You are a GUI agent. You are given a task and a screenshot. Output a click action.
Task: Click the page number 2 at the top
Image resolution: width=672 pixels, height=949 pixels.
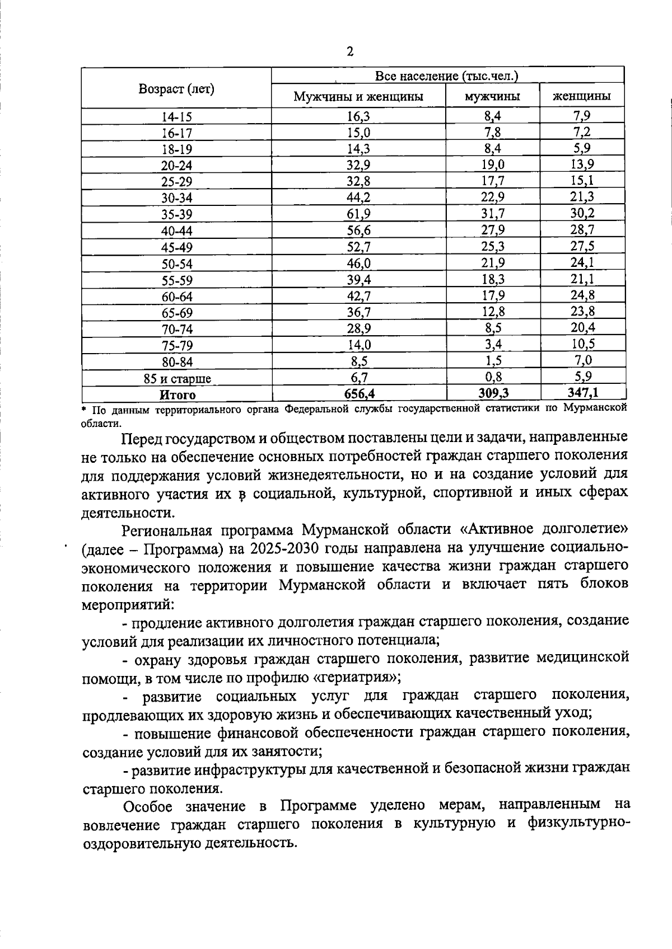350,52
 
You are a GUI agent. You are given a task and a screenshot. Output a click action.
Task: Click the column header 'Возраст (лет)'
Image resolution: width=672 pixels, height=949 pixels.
176,89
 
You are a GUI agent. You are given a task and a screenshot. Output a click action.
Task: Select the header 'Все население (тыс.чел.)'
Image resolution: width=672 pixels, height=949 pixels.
446,76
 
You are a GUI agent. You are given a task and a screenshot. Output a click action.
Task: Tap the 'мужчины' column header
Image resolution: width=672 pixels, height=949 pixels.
492,96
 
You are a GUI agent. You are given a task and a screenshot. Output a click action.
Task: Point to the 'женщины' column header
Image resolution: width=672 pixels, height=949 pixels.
581,96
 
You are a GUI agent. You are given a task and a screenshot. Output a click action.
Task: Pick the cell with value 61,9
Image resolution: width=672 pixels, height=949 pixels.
358,214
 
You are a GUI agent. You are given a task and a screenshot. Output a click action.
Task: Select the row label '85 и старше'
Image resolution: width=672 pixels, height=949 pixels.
177,379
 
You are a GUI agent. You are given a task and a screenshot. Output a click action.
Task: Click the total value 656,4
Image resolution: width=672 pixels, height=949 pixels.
359,394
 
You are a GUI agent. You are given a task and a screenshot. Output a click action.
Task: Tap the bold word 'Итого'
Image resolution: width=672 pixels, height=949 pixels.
178,395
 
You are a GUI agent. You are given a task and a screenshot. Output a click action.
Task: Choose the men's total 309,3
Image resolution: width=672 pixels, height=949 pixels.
493,393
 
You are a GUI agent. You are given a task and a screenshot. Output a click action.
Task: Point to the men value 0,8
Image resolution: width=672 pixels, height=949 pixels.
493,377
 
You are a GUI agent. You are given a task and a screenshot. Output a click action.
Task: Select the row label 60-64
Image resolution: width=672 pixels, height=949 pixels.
177,297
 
